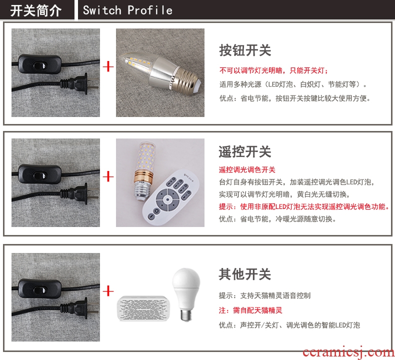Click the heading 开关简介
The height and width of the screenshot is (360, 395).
point(36,10)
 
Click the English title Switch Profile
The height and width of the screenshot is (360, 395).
point(127,10)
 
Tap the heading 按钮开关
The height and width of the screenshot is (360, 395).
point(245,50)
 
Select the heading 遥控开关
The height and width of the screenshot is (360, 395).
point(245,151)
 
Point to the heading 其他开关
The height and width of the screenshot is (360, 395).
point(245,274)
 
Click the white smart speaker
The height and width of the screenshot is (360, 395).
point(143,308)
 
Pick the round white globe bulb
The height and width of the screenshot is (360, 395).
point(186,294)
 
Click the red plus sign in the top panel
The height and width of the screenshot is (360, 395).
point(108,67)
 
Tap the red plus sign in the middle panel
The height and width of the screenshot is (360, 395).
point(108,176)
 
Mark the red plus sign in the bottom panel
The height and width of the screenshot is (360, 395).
point(108,291)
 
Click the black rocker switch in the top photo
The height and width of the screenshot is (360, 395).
point(40,64)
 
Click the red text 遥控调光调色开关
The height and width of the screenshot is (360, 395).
point(247,170)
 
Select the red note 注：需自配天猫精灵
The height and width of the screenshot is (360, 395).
point(250,310)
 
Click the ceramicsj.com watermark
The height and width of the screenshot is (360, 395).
point(348,351)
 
